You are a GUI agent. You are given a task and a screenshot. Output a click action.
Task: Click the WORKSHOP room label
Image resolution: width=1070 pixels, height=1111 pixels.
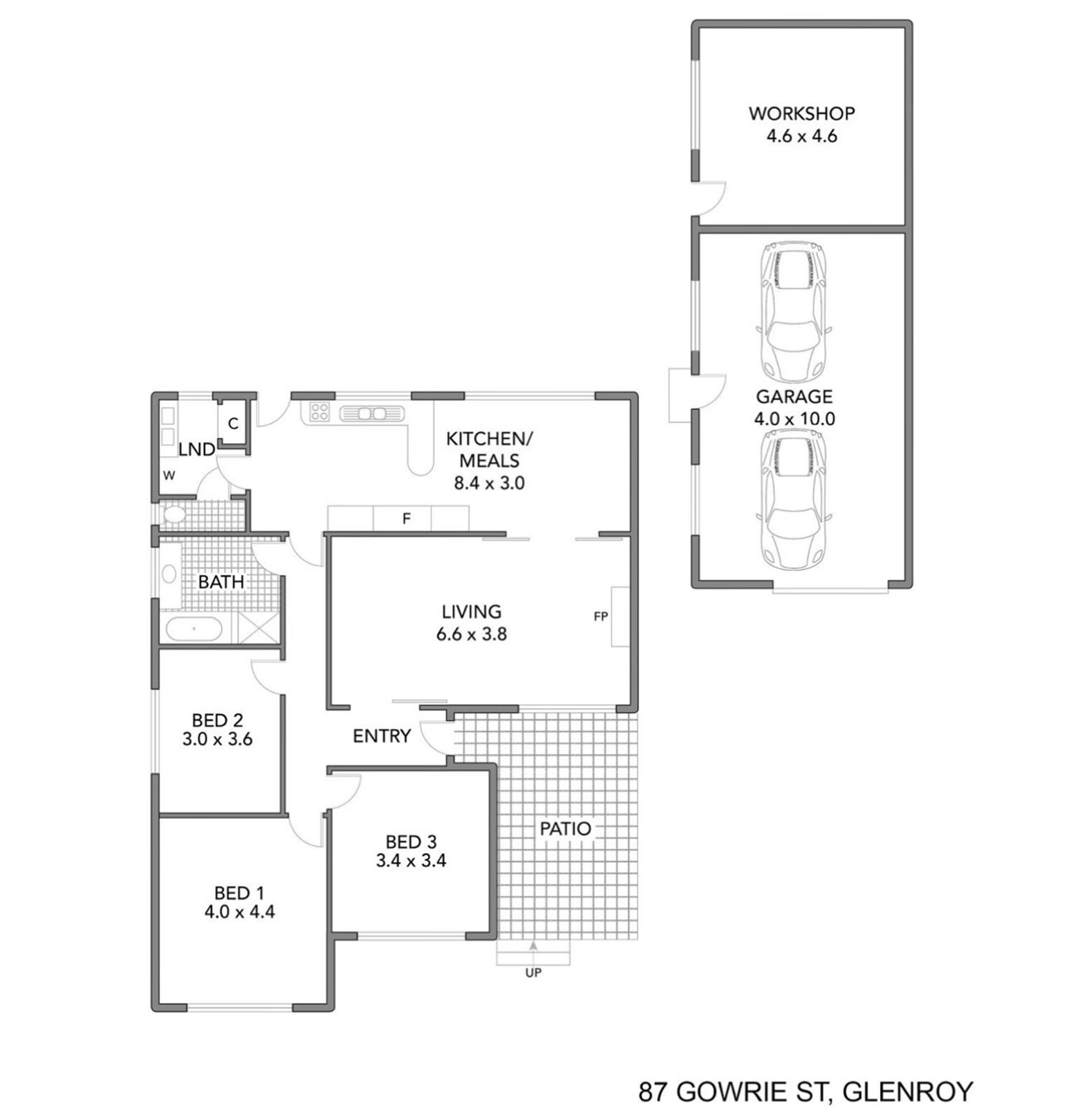tap(801, 113)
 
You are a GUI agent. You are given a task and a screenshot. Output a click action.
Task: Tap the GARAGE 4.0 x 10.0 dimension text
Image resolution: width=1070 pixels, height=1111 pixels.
tap(794, 418)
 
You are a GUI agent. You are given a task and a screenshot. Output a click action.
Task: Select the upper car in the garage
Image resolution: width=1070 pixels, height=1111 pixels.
tap(793, 312)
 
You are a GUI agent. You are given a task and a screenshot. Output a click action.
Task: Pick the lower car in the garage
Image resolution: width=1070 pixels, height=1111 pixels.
tap(793, 499)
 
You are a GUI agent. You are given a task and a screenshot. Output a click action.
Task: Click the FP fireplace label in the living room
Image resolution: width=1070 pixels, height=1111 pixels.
tap(601, 616)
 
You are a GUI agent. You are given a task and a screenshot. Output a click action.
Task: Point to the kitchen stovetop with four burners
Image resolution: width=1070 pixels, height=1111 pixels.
tap(319, 412)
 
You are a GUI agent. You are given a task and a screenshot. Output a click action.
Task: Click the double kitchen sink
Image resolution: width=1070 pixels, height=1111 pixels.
tap(372, 412)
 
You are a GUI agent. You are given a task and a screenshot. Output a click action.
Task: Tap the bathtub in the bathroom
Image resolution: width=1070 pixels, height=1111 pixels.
tap(194, 629)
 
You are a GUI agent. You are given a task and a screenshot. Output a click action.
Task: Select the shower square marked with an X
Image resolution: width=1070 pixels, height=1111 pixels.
tap(259, 627)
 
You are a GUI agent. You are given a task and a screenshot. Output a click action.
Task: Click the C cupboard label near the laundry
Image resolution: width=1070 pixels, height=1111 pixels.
tap(233, 424)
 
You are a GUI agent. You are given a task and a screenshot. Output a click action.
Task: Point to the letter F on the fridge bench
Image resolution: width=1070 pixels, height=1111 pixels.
tap(406, 519)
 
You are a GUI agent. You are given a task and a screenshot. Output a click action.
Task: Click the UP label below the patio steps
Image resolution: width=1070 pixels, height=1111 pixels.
tap(533, 972)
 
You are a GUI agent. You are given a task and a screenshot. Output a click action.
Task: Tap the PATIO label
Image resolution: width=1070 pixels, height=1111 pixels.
tap(565, 828)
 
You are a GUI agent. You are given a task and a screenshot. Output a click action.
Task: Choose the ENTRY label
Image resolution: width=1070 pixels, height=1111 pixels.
tap(382, 736)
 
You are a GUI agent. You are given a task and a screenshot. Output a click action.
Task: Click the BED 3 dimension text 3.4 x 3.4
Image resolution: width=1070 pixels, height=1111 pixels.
tap(411, 860)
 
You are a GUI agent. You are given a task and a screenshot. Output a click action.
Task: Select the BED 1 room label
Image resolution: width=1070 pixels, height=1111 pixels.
tap(240, 892)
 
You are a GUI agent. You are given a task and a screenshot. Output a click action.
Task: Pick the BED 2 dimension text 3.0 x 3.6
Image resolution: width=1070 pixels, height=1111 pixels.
tap(216, 738)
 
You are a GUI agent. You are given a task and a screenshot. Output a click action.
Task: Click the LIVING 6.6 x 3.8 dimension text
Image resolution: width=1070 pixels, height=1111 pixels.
tap(471, 634)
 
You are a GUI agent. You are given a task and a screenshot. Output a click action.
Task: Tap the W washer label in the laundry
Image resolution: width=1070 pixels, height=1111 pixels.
tap(169, 475)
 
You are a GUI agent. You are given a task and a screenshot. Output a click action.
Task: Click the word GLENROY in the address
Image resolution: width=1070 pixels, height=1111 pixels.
tap(907, 1092)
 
